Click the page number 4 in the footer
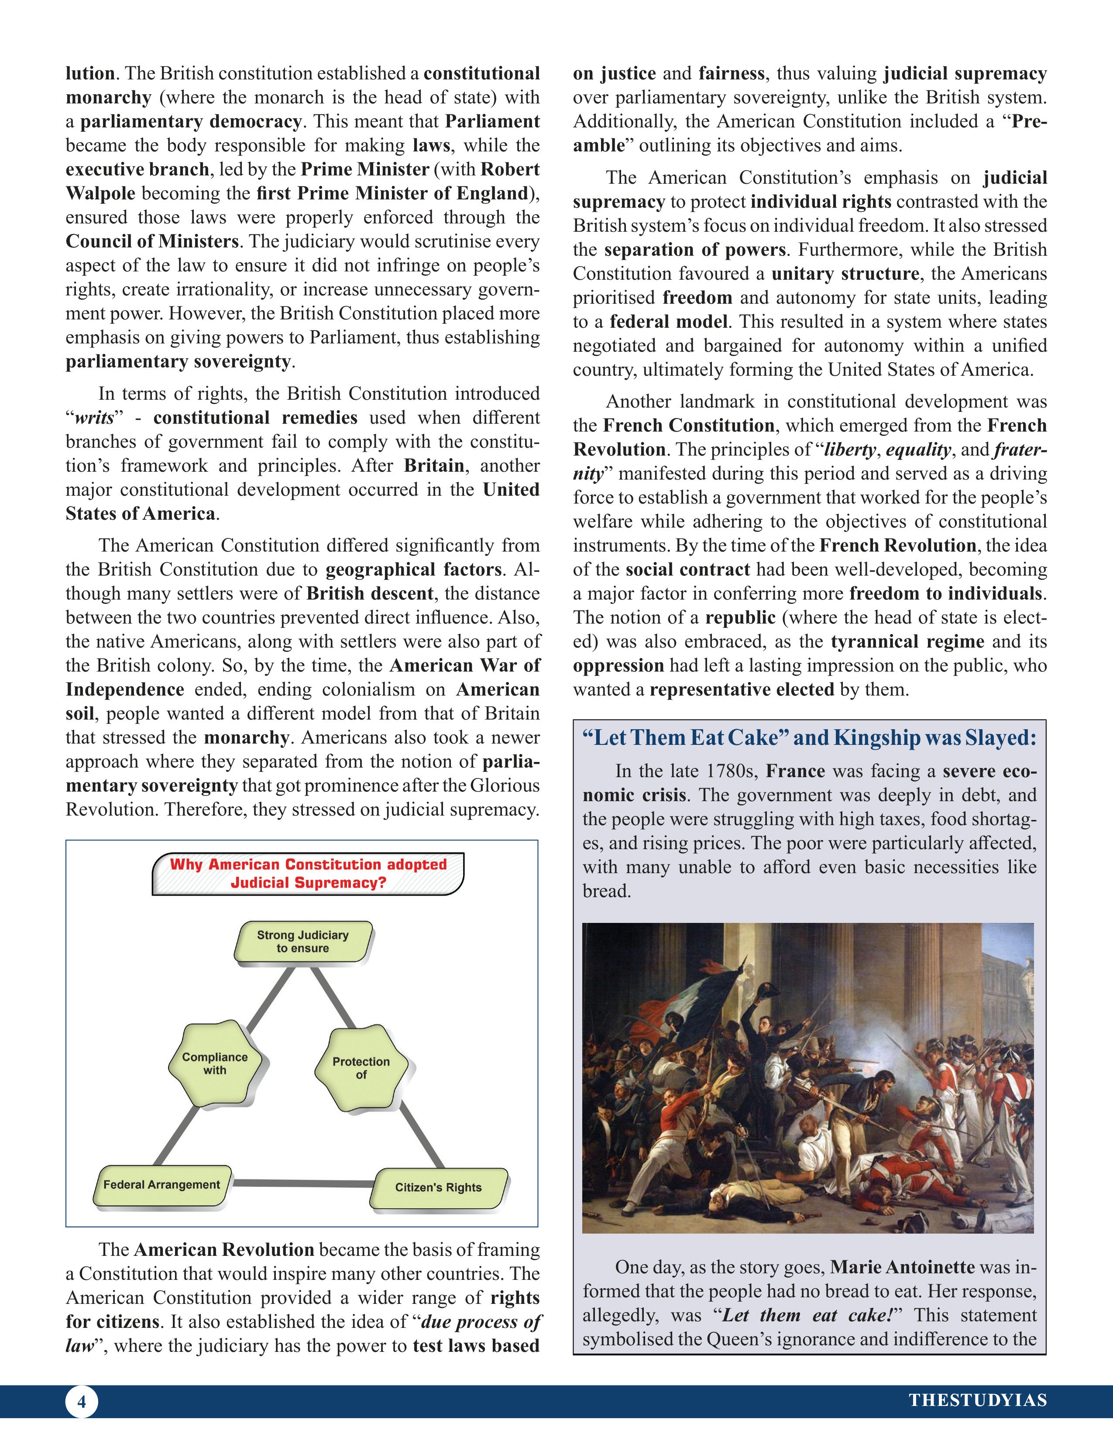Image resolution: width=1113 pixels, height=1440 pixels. (x=81, y=1401)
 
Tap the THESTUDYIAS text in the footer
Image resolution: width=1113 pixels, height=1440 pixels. (x=977, y=1400)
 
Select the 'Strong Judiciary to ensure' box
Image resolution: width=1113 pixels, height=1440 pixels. (x=302, y=942)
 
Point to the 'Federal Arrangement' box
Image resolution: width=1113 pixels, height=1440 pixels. (x=161, y=1185)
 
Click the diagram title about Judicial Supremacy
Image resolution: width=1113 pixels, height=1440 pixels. (x=308, y=873)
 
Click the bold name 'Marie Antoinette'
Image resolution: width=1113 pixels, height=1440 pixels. (x=902, y=1267)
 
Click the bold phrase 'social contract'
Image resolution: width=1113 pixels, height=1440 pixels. (x=688, y=569)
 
